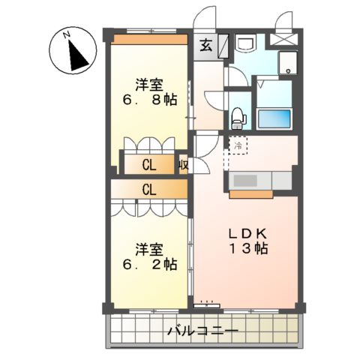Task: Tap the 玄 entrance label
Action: [x=205, y=45]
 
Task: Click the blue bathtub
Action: [x=273, y=118]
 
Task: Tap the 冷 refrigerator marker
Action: [x=238, y=145]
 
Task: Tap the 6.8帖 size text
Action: [x=151, y=99]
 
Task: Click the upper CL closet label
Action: [x=148, y=165]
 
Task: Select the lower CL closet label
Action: [x=148, y=190]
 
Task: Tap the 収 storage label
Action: [x=182, y=165]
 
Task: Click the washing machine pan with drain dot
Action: [x=288, y=64]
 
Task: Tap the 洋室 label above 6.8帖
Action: [x=151, y=83]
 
